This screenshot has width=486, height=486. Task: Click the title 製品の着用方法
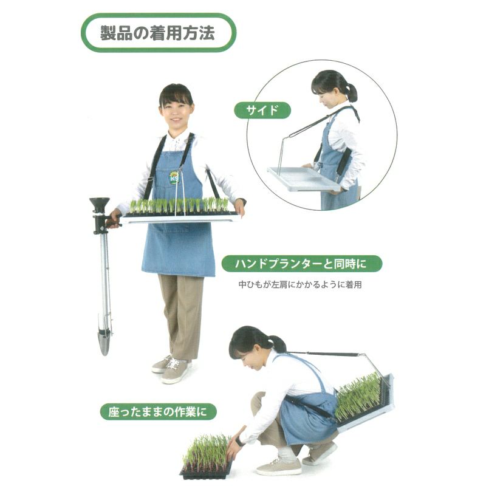point(157,33)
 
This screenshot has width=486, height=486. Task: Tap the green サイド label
point(262,111)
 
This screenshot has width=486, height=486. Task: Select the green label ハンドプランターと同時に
point(301,264)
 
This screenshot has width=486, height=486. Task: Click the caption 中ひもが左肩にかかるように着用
point(300,284)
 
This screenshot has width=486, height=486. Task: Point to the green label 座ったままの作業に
point(158,412)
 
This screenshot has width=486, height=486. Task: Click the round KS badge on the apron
point(174,177)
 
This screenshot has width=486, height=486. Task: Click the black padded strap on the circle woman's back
point(344,162)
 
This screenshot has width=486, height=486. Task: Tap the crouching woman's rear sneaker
point(320,454)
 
